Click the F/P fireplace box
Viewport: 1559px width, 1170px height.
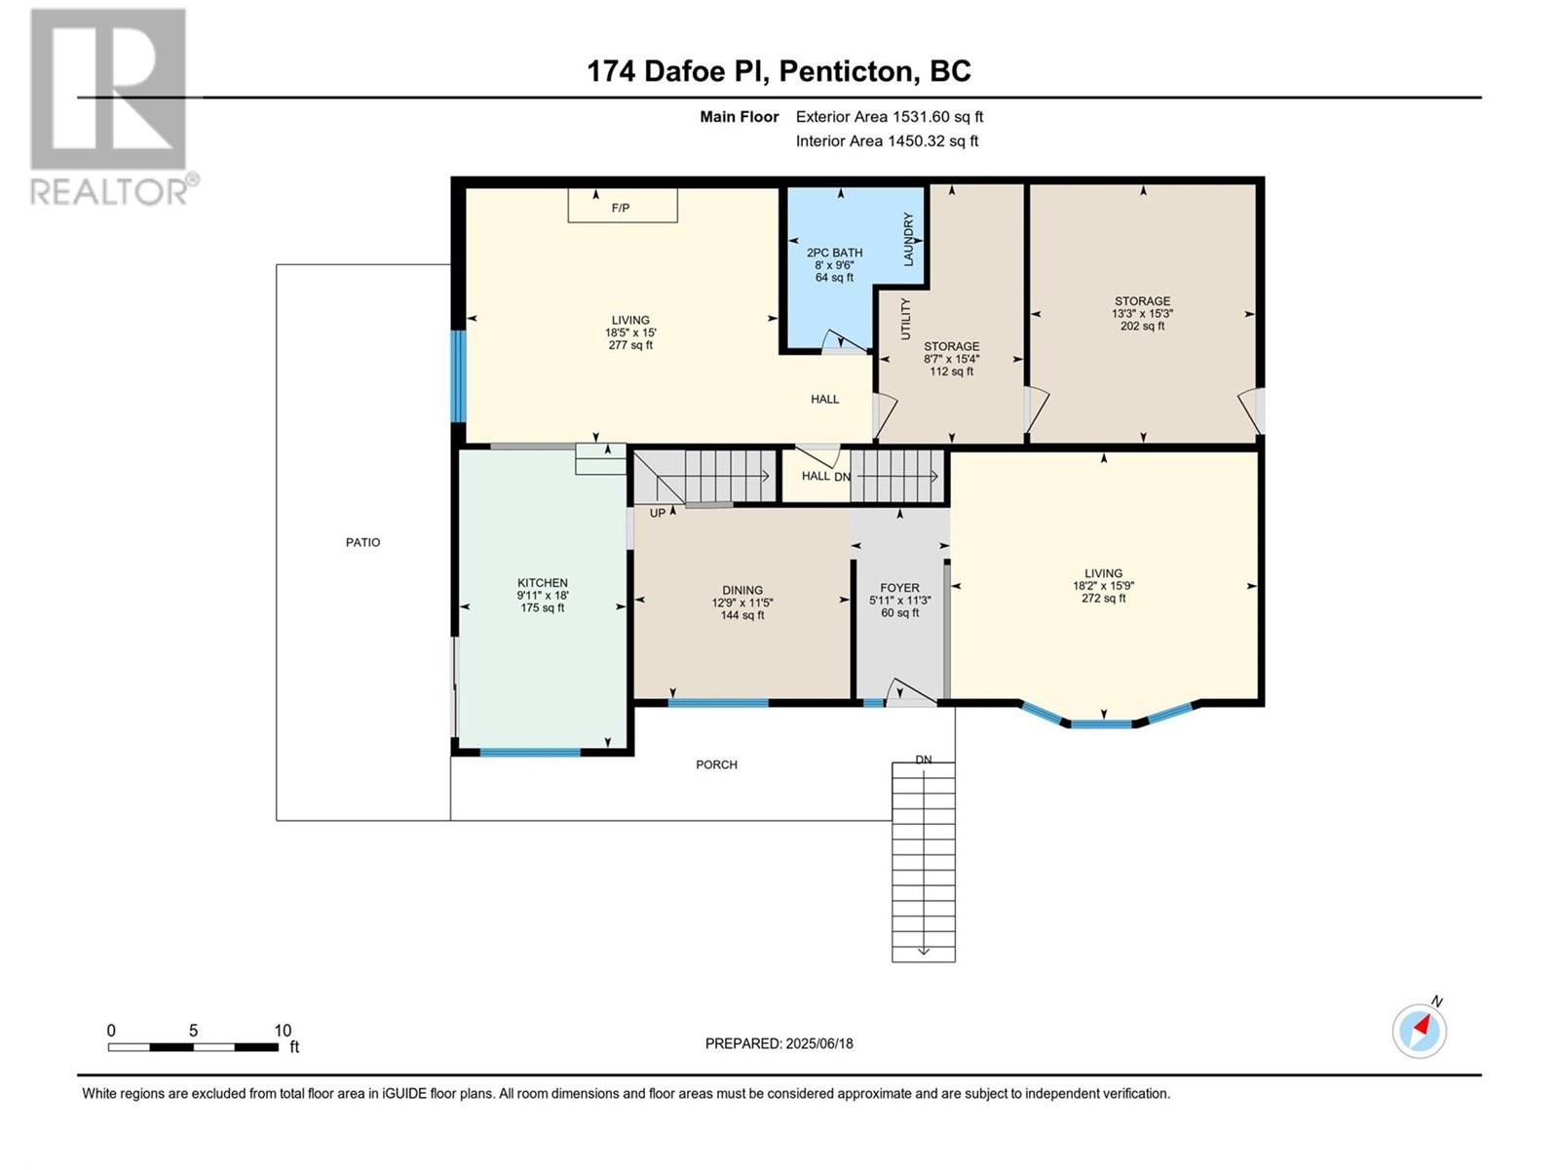623,206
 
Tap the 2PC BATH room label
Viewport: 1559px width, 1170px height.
834,253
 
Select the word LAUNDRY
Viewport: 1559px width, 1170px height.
908,240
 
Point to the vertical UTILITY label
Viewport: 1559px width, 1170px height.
905,319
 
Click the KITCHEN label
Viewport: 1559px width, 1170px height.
543,583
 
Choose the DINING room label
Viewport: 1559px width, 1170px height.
742,590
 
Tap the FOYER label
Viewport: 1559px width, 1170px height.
900,588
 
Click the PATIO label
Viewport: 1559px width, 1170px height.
362,543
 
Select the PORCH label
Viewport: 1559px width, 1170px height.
716,765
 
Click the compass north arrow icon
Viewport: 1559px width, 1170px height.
1420,1031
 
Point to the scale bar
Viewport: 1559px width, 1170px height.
193,1047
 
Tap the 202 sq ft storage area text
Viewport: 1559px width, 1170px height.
1142,327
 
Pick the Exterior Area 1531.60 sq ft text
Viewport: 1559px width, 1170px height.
890,117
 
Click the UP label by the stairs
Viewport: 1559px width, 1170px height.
658,513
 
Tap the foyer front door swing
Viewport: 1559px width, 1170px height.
911,692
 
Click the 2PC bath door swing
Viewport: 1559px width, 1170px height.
845,341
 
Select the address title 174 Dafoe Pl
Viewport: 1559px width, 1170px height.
678,72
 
